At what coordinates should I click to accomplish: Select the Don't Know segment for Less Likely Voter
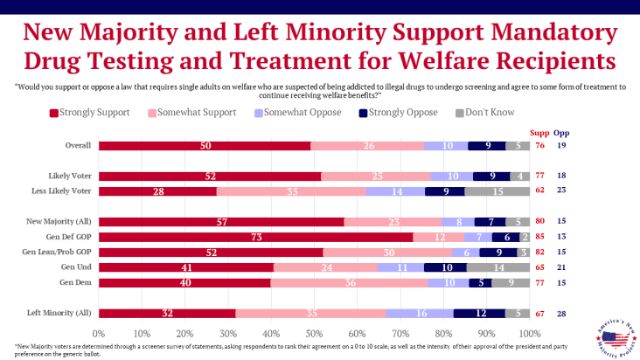point(497,191)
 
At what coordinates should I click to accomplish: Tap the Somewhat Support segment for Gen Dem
point(350,283)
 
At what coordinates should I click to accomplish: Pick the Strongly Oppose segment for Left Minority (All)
point(480,314)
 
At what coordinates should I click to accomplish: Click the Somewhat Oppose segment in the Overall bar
point(447,145)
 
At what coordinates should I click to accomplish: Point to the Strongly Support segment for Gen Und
point(186,267)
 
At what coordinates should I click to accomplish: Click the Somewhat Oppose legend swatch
point(260,114)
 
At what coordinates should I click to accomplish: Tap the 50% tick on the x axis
point(314,334)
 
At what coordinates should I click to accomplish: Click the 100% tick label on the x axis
point(528,334)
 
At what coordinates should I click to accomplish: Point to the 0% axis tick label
point(99,334)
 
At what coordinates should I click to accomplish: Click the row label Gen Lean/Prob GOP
point(61,253)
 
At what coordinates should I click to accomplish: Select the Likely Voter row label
point(71,176)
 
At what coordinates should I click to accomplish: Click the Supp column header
point(540,132)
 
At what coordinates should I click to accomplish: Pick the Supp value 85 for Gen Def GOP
point(540,237)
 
